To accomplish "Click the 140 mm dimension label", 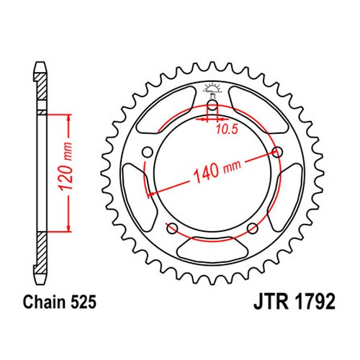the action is click(x=217, y=170).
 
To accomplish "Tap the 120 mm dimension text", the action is click(x=66, y=166).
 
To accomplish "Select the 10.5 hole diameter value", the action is click(x=227, y=130).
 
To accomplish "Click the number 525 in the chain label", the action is click(x=84, y=302).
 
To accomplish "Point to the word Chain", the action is click(x=45, y=302).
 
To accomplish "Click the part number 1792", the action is click(x=315, y=302).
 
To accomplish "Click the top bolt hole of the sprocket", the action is click(x=212, y=105).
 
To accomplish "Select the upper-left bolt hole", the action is click(x=148, y=152).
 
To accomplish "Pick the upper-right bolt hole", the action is click(x=277, y=152).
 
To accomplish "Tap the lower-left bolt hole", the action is click(x=172, y=228).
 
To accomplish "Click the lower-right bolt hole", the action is click(x=253, y=228).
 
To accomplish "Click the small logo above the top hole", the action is click(x=212, y=90).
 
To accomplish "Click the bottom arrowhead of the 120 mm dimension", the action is click(x=69, y=228).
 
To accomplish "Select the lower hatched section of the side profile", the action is click(x=41, y=253).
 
